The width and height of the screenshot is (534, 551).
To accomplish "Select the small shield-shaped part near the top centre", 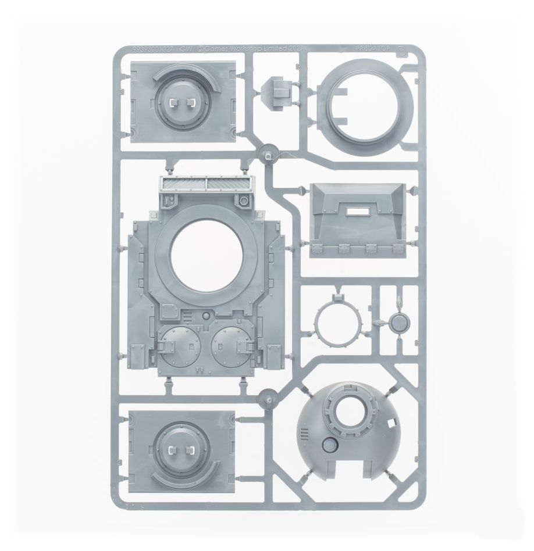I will (280, 91).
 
